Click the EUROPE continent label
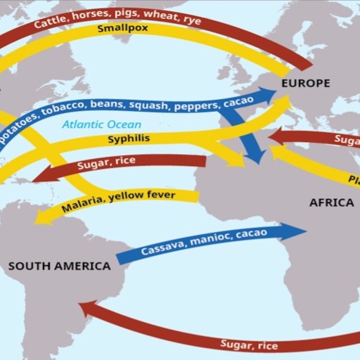(x=305, y=84)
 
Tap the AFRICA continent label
(x=331, y=202)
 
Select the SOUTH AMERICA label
(x=59, y=266)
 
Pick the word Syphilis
(x=129, y=139)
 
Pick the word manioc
(x=213, y=237)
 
